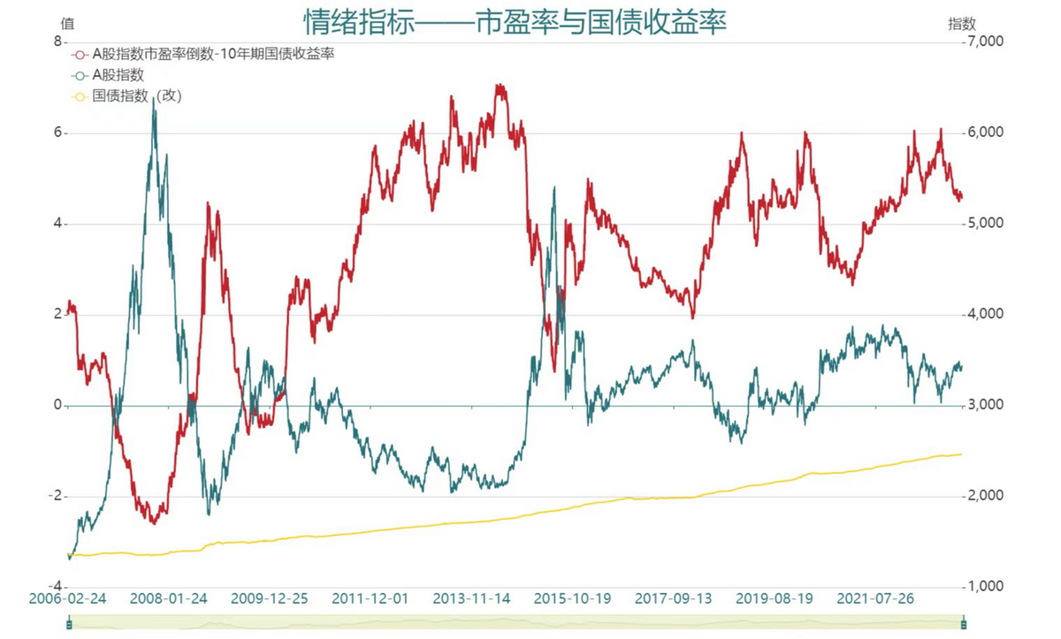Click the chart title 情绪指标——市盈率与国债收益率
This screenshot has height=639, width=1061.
pos(515,21)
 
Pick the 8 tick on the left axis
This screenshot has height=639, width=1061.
pos(58,42)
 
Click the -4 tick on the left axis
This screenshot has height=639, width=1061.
pos(55,587)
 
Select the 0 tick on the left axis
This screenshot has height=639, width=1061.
pos(58,406)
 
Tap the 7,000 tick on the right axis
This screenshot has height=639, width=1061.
pos(984,42)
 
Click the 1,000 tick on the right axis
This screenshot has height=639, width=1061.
pos(984,587)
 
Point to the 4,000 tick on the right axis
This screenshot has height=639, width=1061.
pos(984,315)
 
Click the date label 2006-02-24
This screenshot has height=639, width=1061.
pos(68,598)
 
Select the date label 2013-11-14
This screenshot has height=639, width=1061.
pos(472,598)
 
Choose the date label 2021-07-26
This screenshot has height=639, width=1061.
pos(875,598)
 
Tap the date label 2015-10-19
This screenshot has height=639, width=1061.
pos(573,598)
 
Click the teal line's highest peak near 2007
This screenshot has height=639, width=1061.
pos(154,100)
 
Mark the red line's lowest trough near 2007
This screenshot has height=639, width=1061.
pos(154,523)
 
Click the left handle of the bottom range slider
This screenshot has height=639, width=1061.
pos(69,625)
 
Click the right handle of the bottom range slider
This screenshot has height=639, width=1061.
pos(963,625)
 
